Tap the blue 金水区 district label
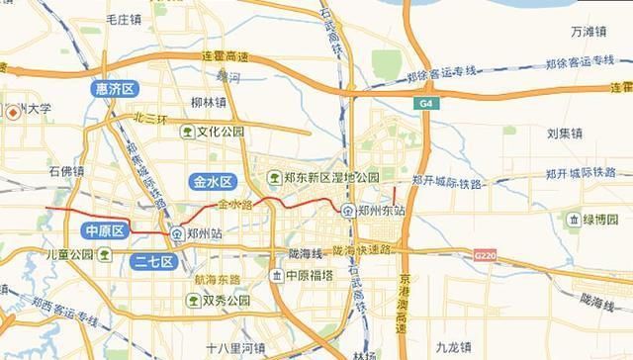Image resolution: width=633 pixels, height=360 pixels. (212, 182)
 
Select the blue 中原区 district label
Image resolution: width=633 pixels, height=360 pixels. (104, 231)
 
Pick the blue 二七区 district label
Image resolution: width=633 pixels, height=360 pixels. (152, 262)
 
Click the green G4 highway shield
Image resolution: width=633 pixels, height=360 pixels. (424, 103)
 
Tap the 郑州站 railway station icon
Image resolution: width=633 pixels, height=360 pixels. (176, 234)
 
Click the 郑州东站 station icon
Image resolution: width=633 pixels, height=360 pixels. (348, 211)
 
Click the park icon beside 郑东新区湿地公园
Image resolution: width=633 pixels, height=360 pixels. (274, 177)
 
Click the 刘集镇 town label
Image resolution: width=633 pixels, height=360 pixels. (567, 132)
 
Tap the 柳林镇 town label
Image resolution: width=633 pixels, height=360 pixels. (210, 102)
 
